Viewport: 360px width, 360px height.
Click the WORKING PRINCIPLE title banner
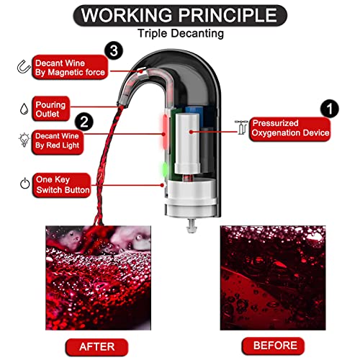pyautogui.click(x=179, y=15)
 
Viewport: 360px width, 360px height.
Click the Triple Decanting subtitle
pyautogui.click(x=179, y=33)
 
